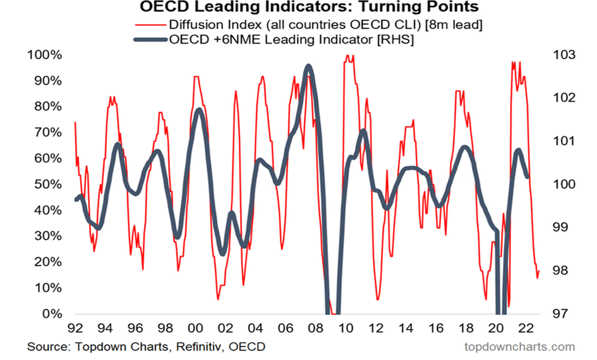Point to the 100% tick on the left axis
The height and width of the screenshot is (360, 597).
pyautogui.click(x=44, y=55)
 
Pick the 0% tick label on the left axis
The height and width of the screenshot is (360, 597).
pyautogui.click(x=50, y=314)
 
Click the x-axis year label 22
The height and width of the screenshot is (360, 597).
pyautogui.click(x=524, y=329)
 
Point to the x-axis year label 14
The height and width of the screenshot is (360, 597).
pyautogui.click(x=404, y=329)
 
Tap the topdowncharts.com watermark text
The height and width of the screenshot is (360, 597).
pyautogui.click(x=519, y=347)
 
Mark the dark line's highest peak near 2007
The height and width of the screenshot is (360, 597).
pyautogui.click(x=308, y=66)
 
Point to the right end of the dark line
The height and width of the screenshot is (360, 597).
pyautogui.click(x=528, y=176)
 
